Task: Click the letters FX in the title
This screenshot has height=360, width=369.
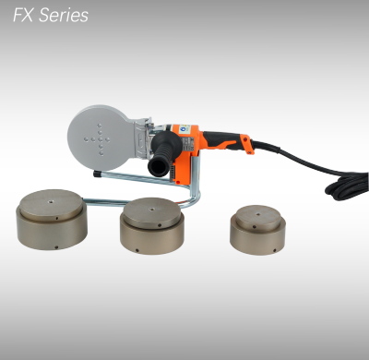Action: coord(21,16)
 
